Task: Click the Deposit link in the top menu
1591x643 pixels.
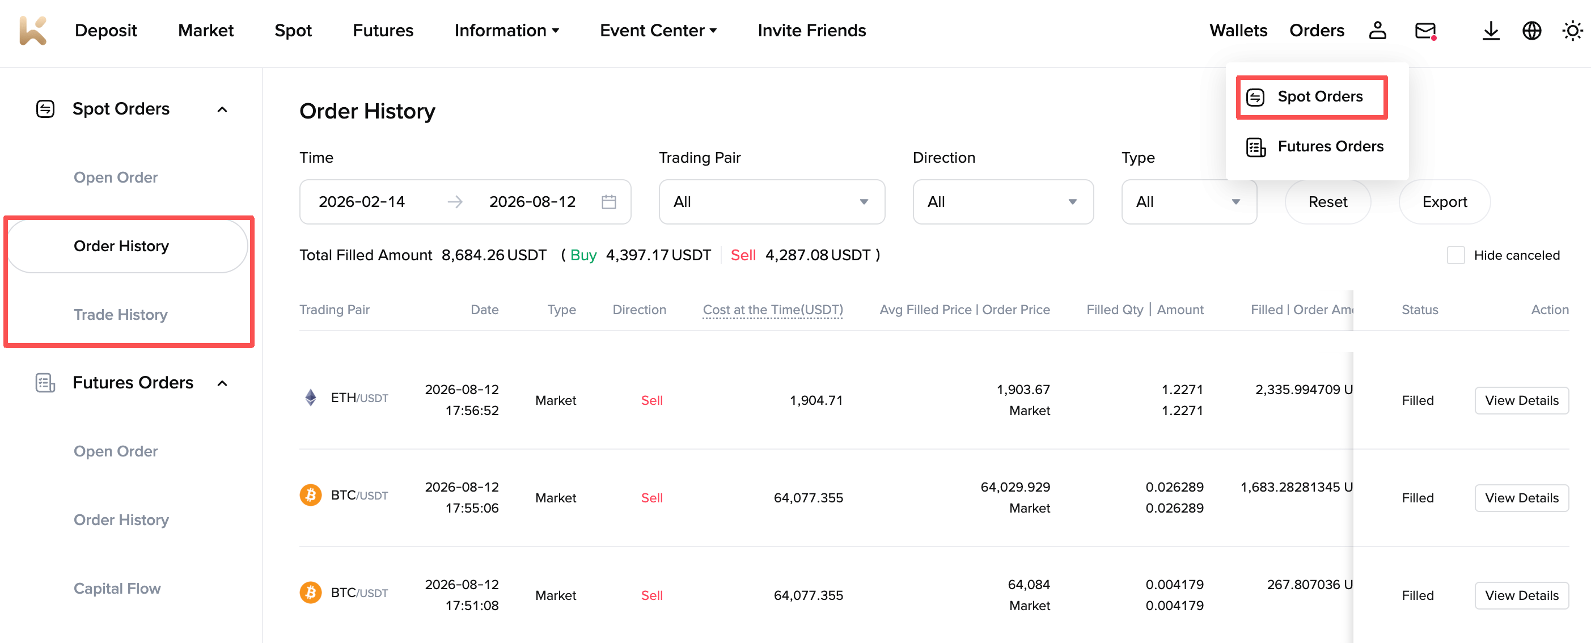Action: coord(105,30)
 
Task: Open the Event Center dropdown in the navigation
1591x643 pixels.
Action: coord(658,30)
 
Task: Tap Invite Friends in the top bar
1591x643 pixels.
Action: coord(811,30)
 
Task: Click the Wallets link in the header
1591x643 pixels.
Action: coord(1238,30)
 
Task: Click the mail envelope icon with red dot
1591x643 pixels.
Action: coord(1425,30)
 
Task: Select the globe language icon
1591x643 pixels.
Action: coord(1531,30)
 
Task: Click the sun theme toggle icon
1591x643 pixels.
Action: coord(1572,30)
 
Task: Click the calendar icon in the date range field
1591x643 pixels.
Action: coord(608,202)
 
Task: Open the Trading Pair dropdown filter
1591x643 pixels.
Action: coord(772,202)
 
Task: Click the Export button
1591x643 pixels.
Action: coord(1444,202)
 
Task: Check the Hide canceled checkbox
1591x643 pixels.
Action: coord(1455,255)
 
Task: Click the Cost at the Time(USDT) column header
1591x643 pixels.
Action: coord(773,310)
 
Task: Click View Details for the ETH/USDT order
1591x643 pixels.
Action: coord(1521,400)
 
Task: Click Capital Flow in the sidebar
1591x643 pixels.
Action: coord(117,588)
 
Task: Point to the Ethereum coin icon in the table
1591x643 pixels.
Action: coord(311,397)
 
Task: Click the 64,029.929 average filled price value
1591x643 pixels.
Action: coord(1015,487)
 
